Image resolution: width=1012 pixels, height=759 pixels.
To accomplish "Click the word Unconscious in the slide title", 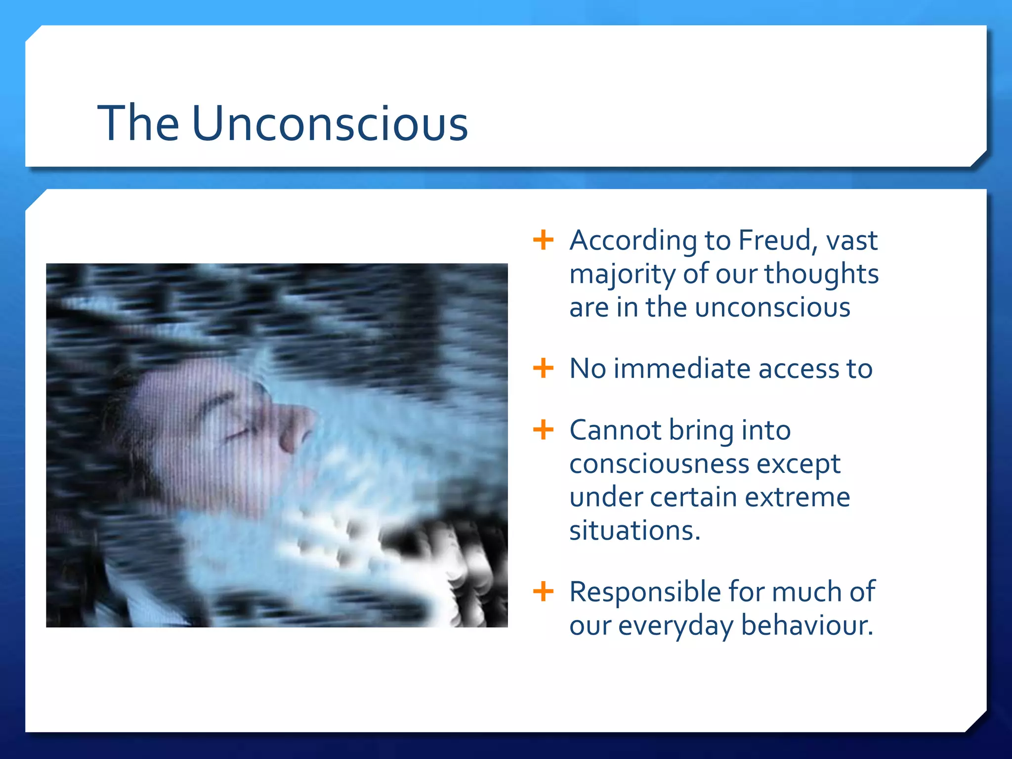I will (x=330, y=123).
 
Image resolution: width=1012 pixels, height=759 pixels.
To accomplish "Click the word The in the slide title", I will (x=138, y=123).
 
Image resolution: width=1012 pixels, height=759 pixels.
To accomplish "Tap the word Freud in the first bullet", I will (x=774, y=241).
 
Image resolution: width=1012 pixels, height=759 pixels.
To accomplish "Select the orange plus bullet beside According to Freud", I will (x=543, y=240).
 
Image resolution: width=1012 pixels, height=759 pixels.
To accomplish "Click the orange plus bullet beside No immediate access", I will (x=543, y=368).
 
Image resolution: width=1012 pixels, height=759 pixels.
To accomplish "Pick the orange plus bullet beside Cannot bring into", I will (x=543, y=429).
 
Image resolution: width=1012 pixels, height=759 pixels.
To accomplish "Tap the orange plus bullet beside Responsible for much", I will (x=543, y=591).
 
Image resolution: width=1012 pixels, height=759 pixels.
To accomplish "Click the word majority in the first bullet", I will (x=622, y=275).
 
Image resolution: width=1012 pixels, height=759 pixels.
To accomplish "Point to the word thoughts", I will (x=821, y=275).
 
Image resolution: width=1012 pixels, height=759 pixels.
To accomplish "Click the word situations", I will (x=634, y=531).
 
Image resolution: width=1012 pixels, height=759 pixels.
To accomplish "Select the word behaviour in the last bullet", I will (x=806, y=626).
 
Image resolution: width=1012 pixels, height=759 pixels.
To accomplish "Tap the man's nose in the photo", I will (x=296, y=425).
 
